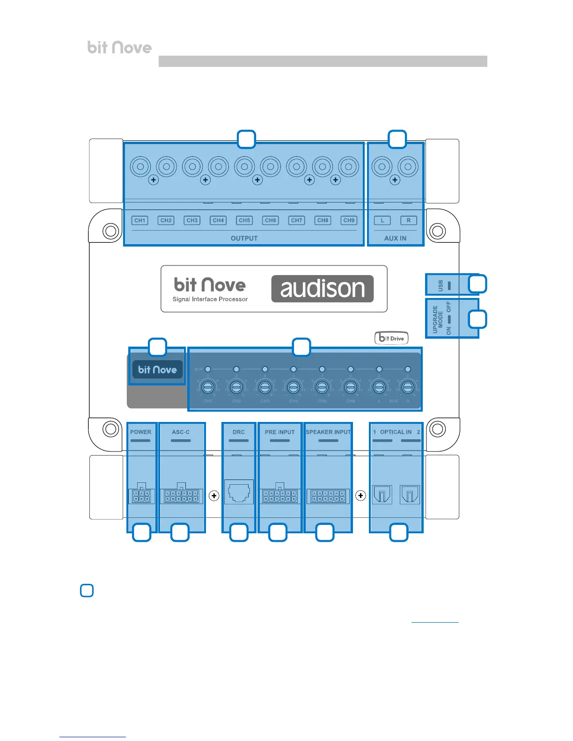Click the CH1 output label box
pyautogui.click(x=140, y=220)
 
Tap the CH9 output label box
pyautogui.click(x=349, y=220)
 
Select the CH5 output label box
pyautogui.click(x=244, y=220)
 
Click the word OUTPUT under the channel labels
pyautogui.click(x=244, y=238)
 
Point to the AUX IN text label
pyautogui.click(x=395, y=238)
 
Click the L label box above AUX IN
pyautogui.click(x=382, y=220)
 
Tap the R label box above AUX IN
pyautogui.click(x=408, y=220)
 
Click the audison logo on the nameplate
pyautogui.click(x=323, y=289)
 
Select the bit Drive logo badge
pyautogui.click(x=391, y=338)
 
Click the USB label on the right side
pyautogui.click(x=441, y=285)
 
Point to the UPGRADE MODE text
pyautogui.click(x=438, y=319)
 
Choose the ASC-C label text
pyautogui.click(x=181, y=432)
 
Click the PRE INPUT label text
pyautogui.click(x=279, y=432)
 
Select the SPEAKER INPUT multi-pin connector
pyautogui.click(x=328, y=496)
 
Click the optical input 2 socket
pyautogui.click(x=410, y=494)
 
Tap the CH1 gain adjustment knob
pyautogui.click(x=208, y=387)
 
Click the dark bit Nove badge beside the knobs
pyautogui.click(x=157, y=370)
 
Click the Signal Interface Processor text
pyautogui.click(x=210, y=299)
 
